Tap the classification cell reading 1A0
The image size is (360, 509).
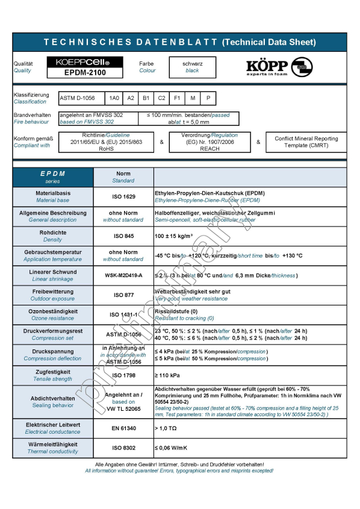pos(113,98)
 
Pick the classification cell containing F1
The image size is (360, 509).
pos(177,98)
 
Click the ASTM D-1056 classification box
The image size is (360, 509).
pos(81,98)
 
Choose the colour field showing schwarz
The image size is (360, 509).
pos(193,66)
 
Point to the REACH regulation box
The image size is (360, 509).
pos(209,142)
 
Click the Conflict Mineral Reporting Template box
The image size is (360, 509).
pos(306,142)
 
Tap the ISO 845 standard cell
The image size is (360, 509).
pos(123,236)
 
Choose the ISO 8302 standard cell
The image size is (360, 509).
pos(123,448)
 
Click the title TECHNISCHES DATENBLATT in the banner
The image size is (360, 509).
pos(126,42)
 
